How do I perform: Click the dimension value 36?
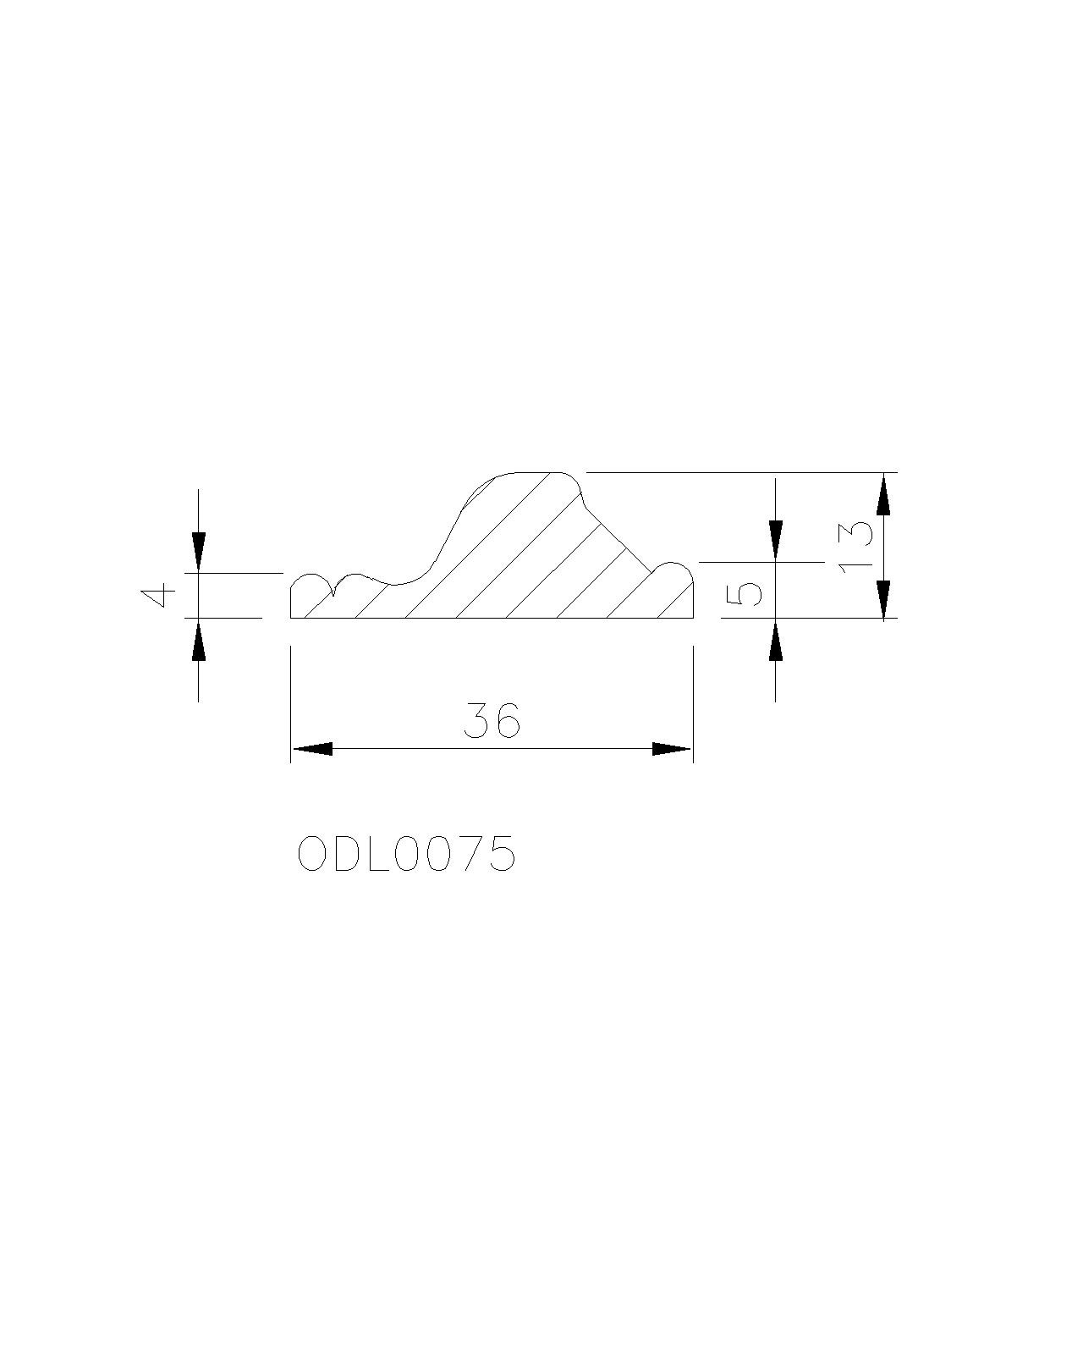coord(492,719)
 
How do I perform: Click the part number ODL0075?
coord(406,854)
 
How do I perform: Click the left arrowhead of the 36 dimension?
coord(311,749)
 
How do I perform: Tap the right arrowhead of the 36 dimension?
coord(672,749)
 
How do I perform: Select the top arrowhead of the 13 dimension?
coord(883,495)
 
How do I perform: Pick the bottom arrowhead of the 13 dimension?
coord(883,599)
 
